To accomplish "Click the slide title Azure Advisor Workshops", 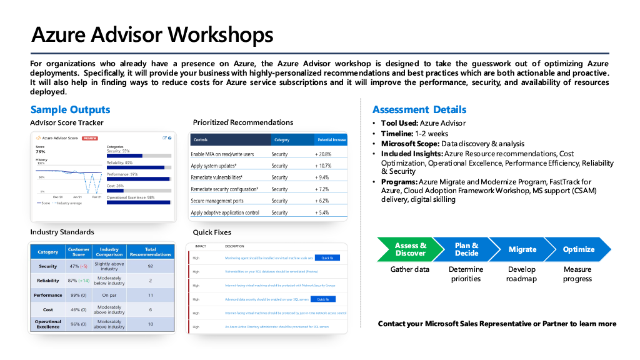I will tap(152, 34).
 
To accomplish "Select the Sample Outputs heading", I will tap(70, 110).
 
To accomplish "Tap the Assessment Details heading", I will tap(419, 110).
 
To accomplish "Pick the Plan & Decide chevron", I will tap(466, 249).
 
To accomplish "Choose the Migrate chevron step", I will tap(522, 249).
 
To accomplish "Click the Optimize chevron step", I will tap(578, 249).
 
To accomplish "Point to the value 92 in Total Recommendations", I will tap(150, 266).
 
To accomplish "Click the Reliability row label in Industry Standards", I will tap(48, 281).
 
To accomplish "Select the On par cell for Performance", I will tap(109, 295).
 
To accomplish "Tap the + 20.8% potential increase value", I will tap(323, 154).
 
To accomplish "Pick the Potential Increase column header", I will tap(332, 140).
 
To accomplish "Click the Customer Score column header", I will tap(79, 252).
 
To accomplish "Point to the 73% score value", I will tap(41, 152).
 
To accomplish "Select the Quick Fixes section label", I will tap(212, 232).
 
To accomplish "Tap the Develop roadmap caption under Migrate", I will tap(521, 274).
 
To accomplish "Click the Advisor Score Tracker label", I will tap(67, 122).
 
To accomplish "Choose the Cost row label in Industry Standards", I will tap(48, 309).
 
